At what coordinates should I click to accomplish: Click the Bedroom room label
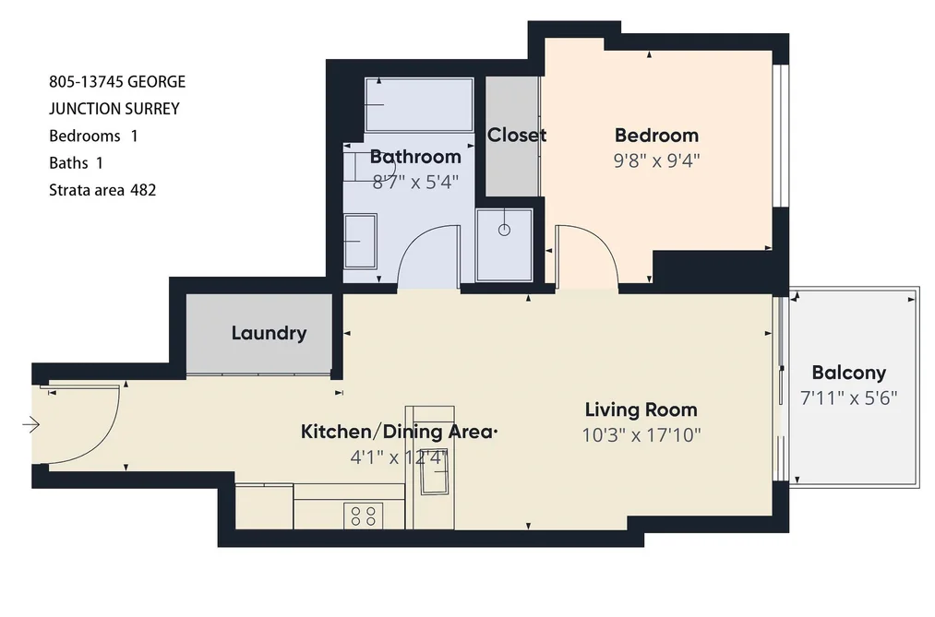[656, 136]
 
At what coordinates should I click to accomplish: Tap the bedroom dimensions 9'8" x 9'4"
[656, 160]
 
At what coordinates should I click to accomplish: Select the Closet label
[516, 136]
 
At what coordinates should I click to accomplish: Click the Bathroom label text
[415, 157]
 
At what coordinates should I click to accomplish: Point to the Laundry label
[269, 333]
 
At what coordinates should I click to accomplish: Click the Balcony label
[848, 373]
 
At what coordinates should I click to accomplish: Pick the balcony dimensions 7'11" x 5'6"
[848, 397]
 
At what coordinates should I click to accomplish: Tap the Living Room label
[641, 409]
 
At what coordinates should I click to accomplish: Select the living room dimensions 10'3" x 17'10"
[641, 435]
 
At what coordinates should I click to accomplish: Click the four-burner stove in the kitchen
[363, 516]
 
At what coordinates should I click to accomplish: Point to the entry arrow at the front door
[31, 424]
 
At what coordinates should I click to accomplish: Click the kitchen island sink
[436, 479]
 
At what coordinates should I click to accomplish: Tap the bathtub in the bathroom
[420, 105]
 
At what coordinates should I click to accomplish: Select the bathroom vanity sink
[360, 242]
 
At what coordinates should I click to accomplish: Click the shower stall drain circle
[505, 230]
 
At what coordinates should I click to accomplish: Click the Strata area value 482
[143, 191]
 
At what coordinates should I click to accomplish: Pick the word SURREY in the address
[152, 109]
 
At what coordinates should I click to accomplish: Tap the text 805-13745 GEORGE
[117, 81]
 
